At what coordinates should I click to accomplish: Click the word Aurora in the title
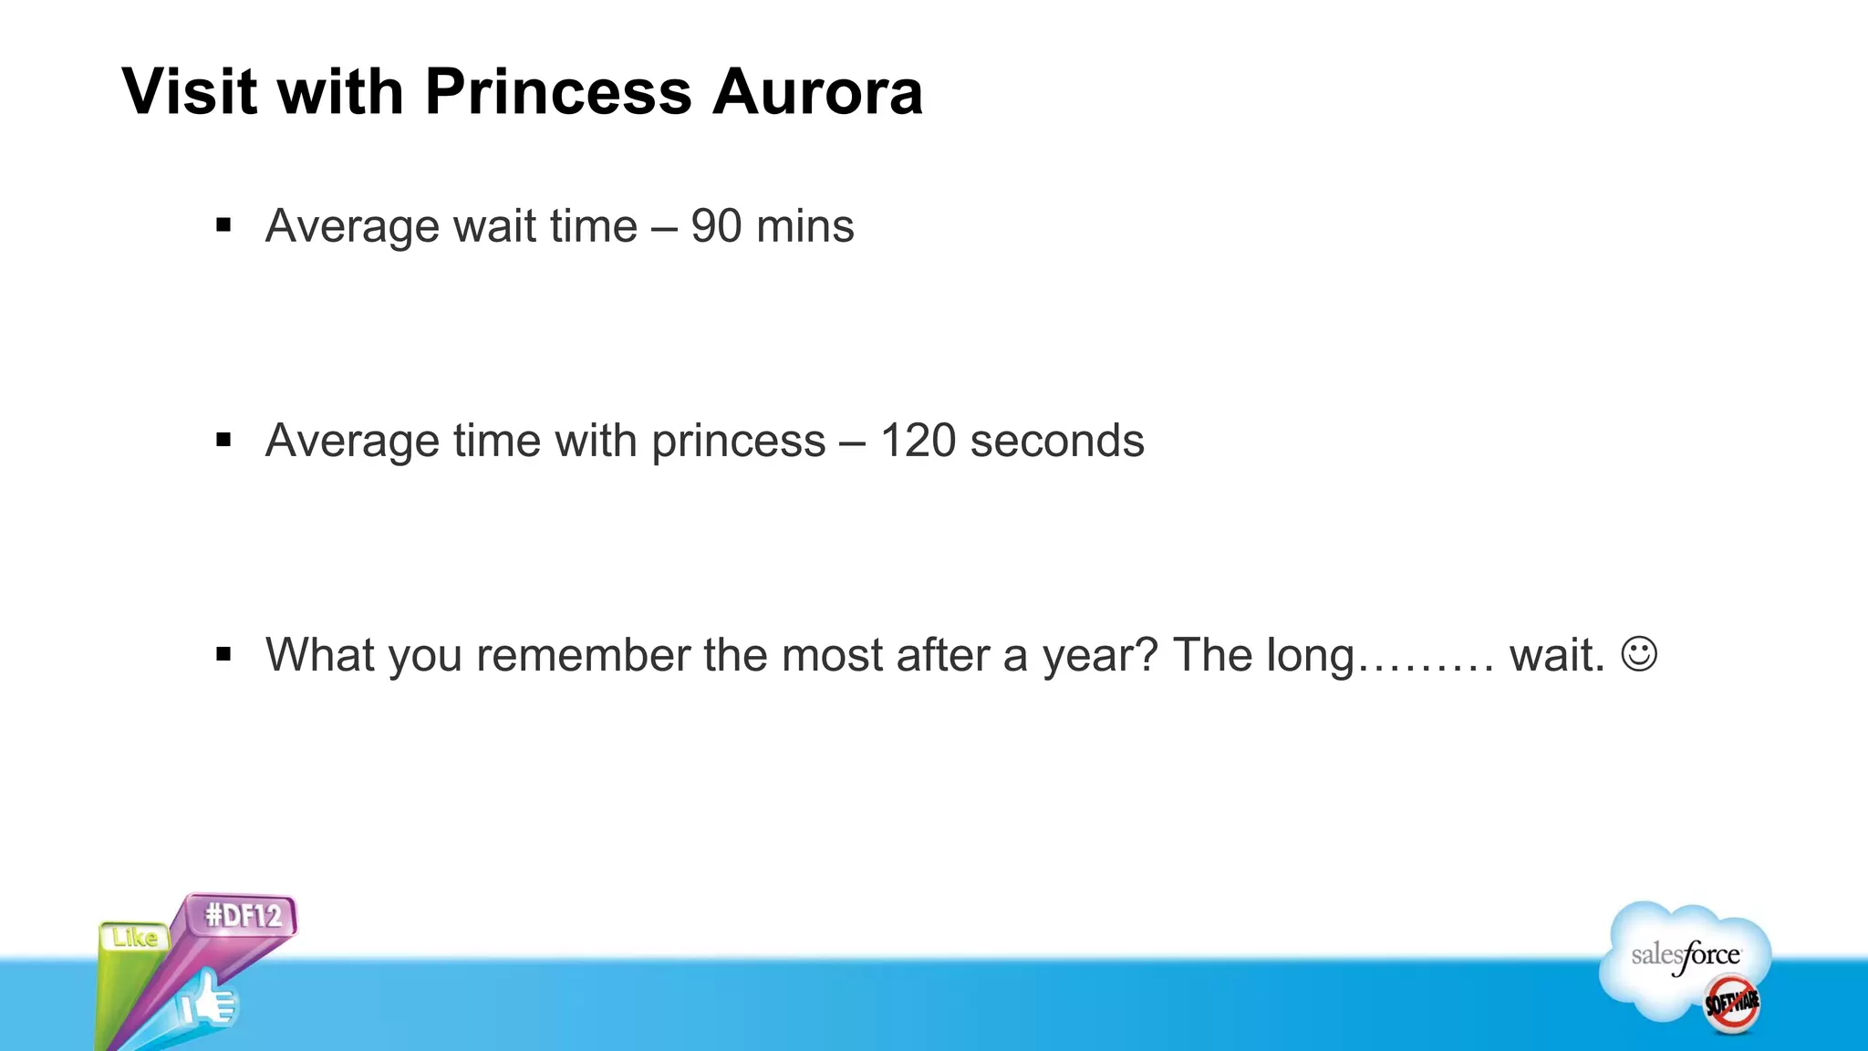[817, 91]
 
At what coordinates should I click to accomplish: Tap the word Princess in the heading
[558, 91]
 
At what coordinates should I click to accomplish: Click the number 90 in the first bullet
[716, 226]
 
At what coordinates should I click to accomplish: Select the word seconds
[1057, 441]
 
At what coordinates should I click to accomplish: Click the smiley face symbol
[1639, 654]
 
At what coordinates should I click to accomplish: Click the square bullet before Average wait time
[224, 225]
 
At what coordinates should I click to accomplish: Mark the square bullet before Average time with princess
[224, 441]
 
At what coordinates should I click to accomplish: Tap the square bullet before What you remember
[224, 654]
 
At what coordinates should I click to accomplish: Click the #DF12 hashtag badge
[244, 914]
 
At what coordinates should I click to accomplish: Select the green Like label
[135, 938]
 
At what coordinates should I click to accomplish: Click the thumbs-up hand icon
[208, 1004]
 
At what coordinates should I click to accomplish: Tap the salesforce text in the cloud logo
[1686, 955]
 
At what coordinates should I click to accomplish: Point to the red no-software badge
[1732, 1004]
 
